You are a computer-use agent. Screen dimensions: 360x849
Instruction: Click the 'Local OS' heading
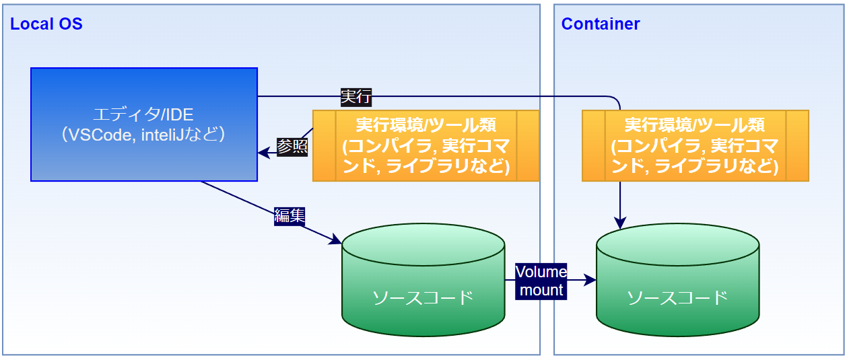[46, 24]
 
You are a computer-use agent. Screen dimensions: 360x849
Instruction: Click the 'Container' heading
[601, 24]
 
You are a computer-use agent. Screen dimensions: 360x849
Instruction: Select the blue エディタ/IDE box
[144, 124]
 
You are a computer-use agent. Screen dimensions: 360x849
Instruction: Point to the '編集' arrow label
[290, 216]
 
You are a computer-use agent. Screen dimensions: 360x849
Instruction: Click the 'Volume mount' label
[541, 281]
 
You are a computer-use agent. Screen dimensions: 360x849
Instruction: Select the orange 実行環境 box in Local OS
[426, 145]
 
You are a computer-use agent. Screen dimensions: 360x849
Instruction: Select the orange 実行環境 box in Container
[695, 145]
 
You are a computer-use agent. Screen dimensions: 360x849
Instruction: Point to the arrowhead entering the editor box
[263, 153]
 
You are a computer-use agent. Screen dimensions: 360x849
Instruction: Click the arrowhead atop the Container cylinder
[620, 223]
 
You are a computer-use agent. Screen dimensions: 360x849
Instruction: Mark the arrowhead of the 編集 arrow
[336, 240]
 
